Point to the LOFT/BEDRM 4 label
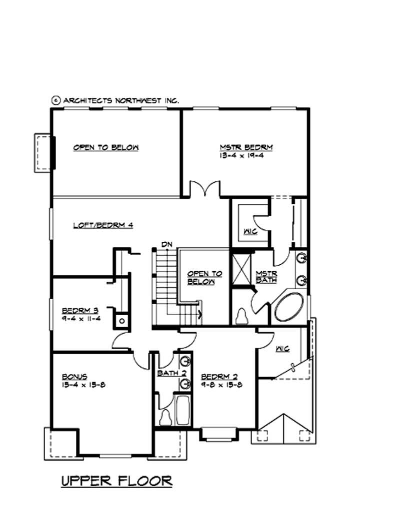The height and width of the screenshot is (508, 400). (x=103, y=225)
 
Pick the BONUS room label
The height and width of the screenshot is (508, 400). (x=75, y=377)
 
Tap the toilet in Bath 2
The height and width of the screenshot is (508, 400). (x=165, y=418)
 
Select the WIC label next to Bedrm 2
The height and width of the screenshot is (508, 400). (x=282, y=348)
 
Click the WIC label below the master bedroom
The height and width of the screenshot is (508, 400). (x=250, y=231)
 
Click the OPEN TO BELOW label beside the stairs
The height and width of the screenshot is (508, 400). (x=204, y=278)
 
